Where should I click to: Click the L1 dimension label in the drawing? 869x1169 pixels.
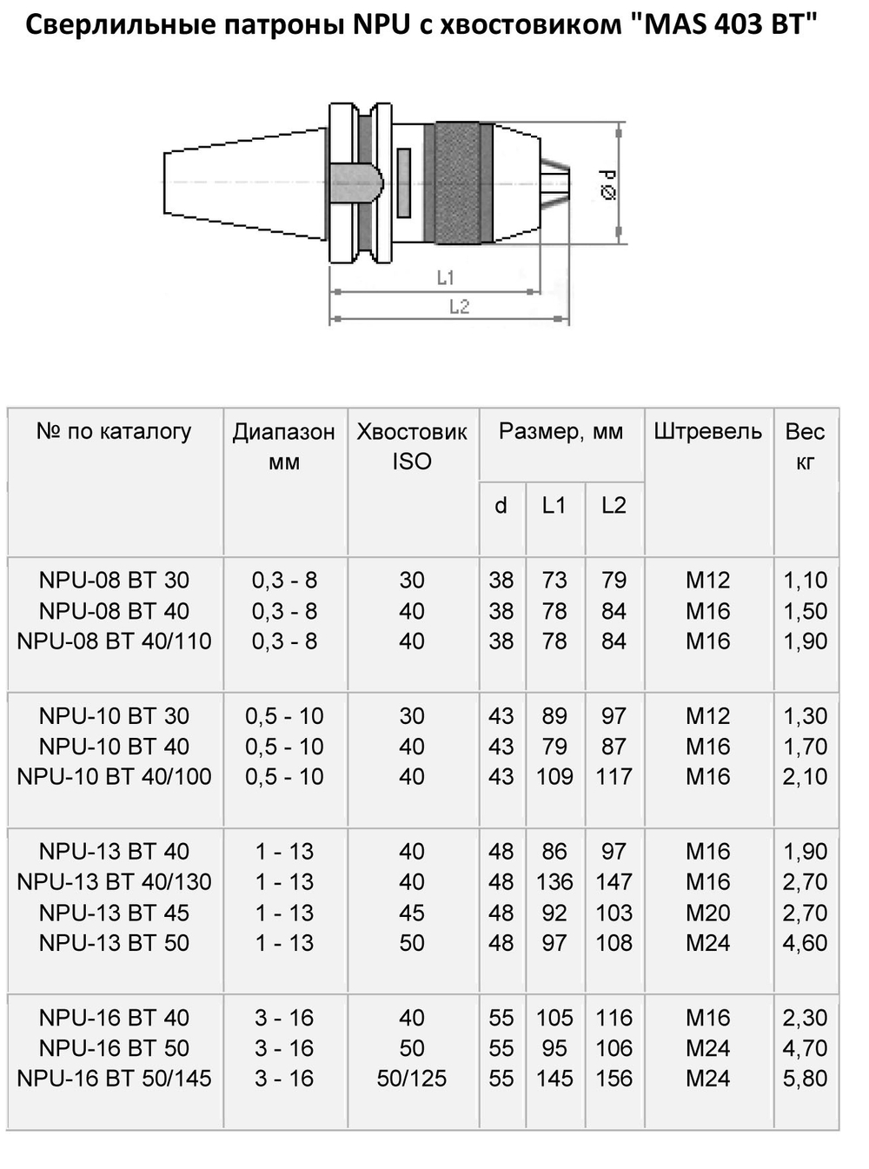445,277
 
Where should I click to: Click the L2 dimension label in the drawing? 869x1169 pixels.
459,307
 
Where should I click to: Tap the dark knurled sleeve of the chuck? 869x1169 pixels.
457,183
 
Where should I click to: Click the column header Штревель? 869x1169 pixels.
707,432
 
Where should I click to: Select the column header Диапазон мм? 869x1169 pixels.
283,446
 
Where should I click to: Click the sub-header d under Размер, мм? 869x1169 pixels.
501,506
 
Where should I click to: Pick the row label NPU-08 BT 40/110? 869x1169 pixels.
114,641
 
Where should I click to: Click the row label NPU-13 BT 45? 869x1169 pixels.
114,913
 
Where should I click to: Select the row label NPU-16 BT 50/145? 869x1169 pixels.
114,1079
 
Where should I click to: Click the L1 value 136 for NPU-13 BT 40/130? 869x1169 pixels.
554,882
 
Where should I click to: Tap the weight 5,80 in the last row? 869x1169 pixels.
805,1079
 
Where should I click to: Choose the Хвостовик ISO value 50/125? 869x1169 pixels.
412,1079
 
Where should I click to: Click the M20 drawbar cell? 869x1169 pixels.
707,913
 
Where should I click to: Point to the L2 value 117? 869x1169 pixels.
614,777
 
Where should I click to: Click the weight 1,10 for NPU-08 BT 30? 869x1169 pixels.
805,581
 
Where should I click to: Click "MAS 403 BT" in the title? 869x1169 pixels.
720,24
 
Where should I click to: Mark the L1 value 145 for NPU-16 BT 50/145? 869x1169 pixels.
554,1079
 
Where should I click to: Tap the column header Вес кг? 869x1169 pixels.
805,446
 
